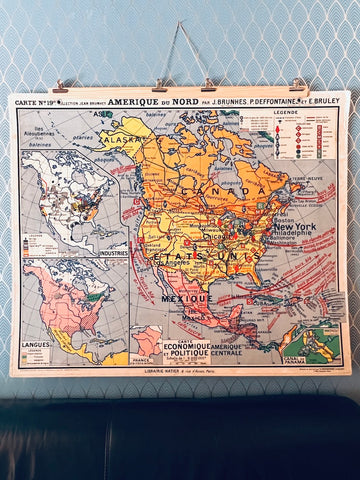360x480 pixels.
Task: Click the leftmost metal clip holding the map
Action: (x=61, y=87)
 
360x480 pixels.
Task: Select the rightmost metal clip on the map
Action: (x=297, y=85)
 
